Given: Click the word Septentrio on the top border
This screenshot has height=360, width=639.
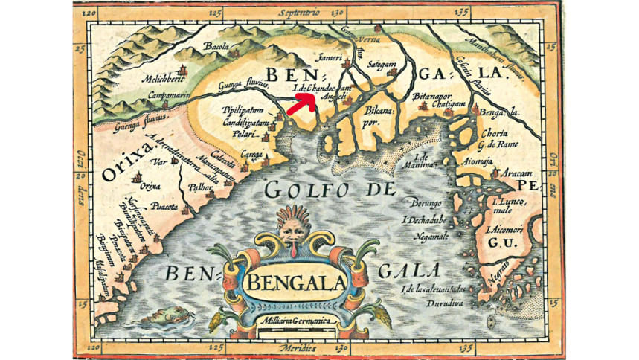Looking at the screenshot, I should click(x=299, y=13).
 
